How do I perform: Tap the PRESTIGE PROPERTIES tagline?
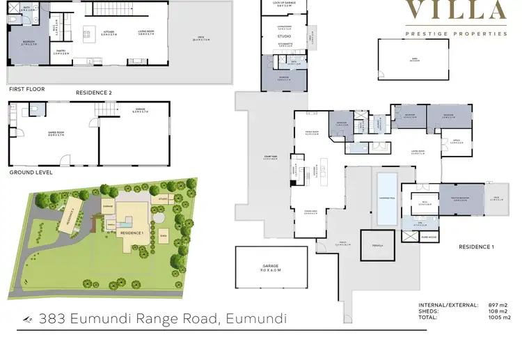(x=457, y=33)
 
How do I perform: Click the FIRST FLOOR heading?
(x=26, y=90)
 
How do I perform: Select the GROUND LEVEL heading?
(x=31, y=172)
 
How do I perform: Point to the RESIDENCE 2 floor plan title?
(x=93, y=92)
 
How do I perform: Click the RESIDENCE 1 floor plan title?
(x=476, y=247)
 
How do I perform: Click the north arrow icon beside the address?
(x=28, y=320)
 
